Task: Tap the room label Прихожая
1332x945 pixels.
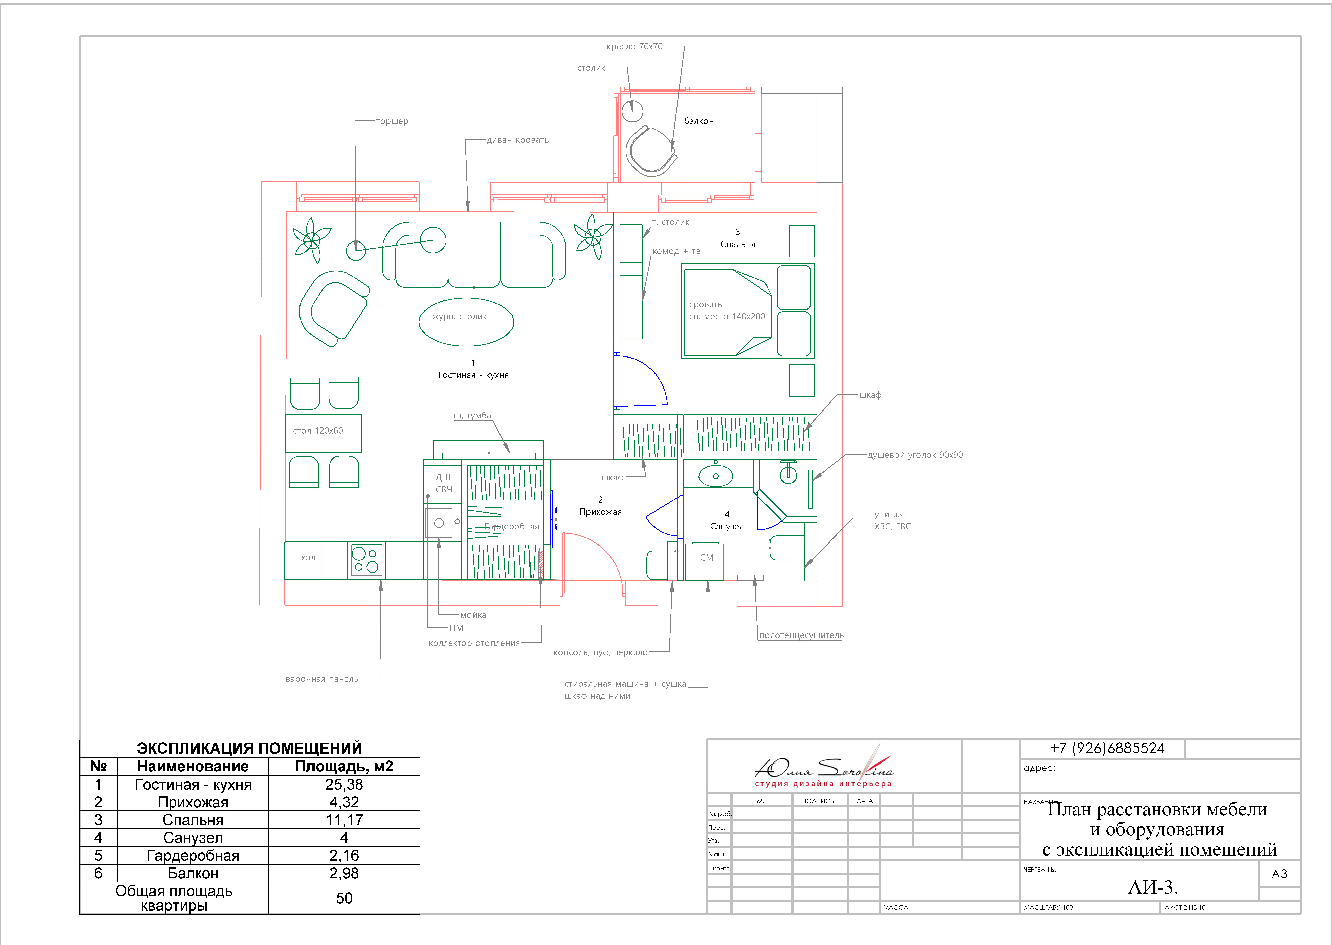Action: point(601,512)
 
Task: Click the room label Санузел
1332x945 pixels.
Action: point(727,527)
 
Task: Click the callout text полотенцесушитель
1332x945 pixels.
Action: point(801,636)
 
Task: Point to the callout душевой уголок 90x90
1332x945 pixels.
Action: point(915,455)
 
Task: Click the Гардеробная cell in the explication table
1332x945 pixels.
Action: point(193,855)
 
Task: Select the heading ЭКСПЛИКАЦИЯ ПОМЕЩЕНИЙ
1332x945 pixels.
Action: point(250,748)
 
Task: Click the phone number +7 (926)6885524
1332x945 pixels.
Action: point(1107,748)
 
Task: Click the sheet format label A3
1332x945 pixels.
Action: point(1280,874)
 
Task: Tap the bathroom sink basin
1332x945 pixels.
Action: point(716,475)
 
